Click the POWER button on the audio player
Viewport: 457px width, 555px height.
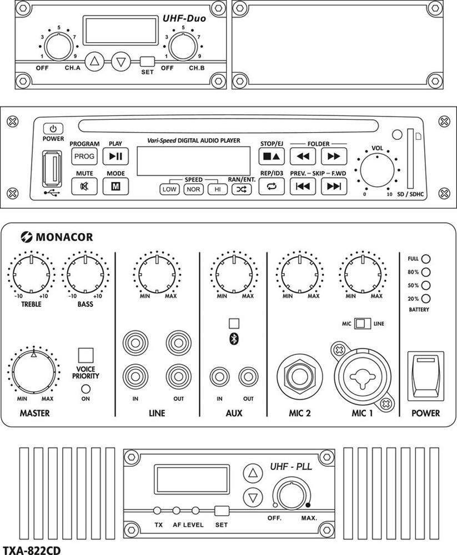click(53, 128)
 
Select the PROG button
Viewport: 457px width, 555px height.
click(84, 157)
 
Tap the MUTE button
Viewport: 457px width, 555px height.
click(84, 186)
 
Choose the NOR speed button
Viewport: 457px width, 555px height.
click(193, 189)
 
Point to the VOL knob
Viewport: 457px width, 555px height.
click(378, 172)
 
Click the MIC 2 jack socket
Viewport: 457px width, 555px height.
click(300, 374)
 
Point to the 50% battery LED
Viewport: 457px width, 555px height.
click(426, 285)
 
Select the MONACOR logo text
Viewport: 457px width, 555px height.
click(64, 238)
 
